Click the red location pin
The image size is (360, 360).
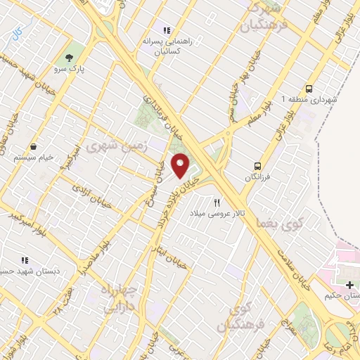(181, 166)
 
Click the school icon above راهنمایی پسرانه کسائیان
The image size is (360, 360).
(167, 30)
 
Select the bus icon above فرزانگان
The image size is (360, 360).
(258, 167)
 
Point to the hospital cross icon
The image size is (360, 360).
(350, 284)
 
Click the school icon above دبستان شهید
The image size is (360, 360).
(25, 259)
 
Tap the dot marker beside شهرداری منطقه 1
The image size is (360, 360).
(285, 99)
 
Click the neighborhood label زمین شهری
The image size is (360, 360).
(108, 148)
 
